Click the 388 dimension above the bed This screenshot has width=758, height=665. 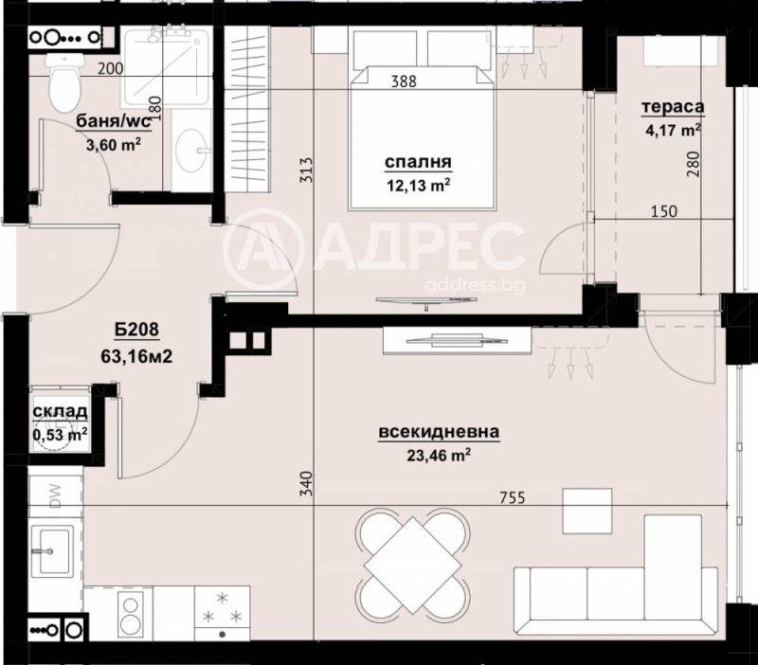(x=405, y=81)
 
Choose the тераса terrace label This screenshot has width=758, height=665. (x=670, y=107)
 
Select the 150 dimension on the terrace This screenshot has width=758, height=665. (x=664, y=211)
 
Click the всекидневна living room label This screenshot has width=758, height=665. (x=439, y=433)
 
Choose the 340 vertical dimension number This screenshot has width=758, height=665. (x=305, y=485)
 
